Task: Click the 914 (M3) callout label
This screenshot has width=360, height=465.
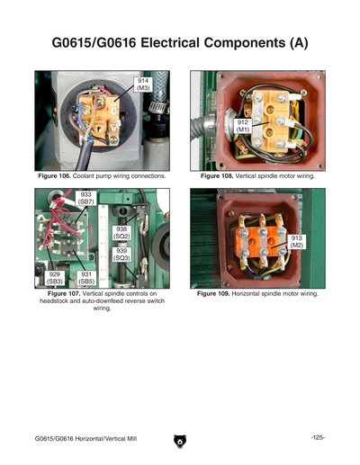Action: point(143,85)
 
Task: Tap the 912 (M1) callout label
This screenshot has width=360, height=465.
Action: point(243,126)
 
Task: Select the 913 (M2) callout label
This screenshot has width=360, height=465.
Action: point(296,242)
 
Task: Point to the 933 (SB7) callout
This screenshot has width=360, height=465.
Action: point(85,198)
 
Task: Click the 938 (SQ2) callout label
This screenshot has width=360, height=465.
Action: point(121,233)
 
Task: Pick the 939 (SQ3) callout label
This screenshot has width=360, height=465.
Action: point(121,255)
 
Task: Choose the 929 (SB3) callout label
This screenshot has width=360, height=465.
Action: point(55,278)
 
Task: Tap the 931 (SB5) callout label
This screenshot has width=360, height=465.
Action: point(86,278)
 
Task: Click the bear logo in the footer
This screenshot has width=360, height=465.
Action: point(180,442)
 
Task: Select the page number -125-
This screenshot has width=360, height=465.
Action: point(318,438)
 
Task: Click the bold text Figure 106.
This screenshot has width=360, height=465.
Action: point(54,176)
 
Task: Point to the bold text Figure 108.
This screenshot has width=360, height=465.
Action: point(217,176)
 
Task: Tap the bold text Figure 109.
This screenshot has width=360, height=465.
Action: point(213,294)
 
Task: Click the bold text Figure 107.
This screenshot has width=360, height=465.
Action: point(64,293)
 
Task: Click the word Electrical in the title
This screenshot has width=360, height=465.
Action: point(170,42)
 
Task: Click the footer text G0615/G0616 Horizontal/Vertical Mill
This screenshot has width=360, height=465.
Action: point(85,439)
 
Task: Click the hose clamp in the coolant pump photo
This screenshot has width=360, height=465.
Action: point(157,107)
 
